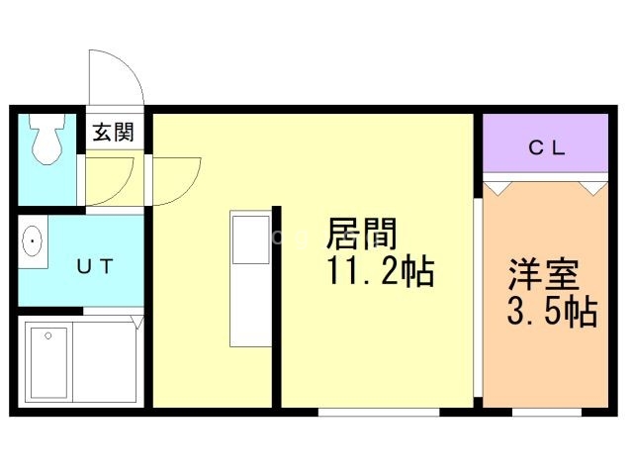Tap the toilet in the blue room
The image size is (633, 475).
[x=45, y=141]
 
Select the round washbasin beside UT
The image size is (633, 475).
[x=33, y=242]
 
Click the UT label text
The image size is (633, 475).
[x=96, y=265]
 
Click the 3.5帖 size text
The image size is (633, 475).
[x=551, y=312]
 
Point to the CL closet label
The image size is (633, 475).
[x=546, y=148]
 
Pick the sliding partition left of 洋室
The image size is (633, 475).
[x=478, y=297]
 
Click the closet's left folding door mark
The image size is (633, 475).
[x=498, y=184]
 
